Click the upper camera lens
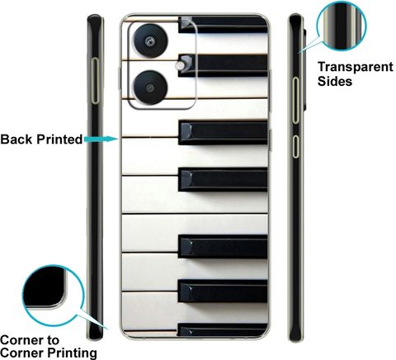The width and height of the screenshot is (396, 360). click(x=150, y=41)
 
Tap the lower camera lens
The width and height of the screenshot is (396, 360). click(x=150, y=88)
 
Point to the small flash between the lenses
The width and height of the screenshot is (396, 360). click(x=180, y=65)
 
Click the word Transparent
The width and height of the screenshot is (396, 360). click(x=356, y=67)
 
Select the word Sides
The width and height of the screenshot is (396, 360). click(x=335, y=82)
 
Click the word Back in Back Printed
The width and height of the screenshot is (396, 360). click(x=16, y=140)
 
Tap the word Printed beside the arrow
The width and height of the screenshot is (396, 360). click(x=59, y=140)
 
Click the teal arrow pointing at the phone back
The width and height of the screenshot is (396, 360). click(x=101, y=140)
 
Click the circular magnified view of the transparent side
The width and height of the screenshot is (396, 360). click(x=342, y=26)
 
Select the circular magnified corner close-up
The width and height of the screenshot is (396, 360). click(x=53, y=296)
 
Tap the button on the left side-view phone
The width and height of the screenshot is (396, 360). click(x=95, y=81)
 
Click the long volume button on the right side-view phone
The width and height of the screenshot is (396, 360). click(x=295, y=100)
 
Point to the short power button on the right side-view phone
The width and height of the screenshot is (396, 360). click(x=295, y=146)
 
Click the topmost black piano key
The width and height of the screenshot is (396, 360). click(x=223, y=25)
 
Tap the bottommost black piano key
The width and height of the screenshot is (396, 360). click(x=223, y=329)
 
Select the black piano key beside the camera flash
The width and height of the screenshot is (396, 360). click(x=224, y=65)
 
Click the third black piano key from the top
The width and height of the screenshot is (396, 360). click(x=223, y=132)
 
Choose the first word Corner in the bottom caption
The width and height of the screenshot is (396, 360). click(x=21, y=340)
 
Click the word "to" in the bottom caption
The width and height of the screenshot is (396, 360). click(x=52, y=341)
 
